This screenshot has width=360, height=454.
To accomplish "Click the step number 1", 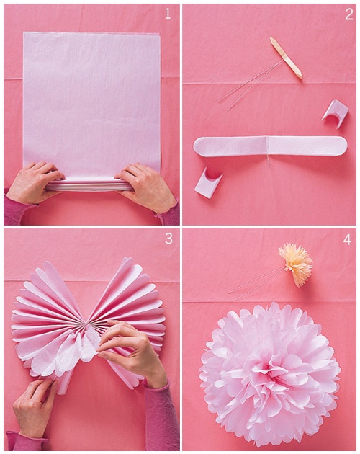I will coord(168,14).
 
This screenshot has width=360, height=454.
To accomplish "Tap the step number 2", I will coord(348,14).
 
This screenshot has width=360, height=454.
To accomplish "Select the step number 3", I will coord(168,239).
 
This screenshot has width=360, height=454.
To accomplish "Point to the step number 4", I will coord(348,239).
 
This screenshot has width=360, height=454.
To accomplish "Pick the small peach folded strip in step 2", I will coord(286,57).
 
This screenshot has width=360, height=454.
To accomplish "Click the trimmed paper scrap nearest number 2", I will coord(335,112).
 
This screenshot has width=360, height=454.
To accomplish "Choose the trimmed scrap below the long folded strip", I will coord(207,182).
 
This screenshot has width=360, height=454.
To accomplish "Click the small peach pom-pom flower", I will coord(295,262).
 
